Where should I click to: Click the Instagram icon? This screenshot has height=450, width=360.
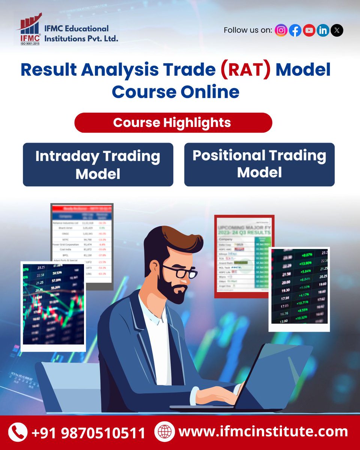pyautogui.click(x=281, y=30)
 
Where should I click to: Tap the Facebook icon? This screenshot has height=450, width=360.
pyautogui.click(x=295, y=30)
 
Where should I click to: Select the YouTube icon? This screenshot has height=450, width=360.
pyautogui.click(x=309, y=30)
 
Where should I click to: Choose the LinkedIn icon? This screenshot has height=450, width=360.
pyautogui.click(x=323, y=30)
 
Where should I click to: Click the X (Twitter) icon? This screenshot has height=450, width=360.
pyautogui.click(x=337, y=30)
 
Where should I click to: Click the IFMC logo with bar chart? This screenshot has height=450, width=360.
pyautogui.click(x=28, y=29)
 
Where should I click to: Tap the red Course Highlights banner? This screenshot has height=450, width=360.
pyautogui.click(x=173, y=123)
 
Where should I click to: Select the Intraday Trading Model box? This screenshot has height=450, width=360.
pyautogui.click(x=98, y=165)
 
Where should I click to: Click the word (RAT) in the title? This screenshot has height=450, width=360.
pyautogui.click(x=248, y=70)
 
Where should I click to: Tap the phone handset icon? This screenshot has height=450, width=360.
pyautogui.click(x=18, y=432)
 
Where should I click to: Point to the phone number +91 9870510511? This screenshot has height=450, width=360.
pyautogui.click(x=88, y=433)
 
